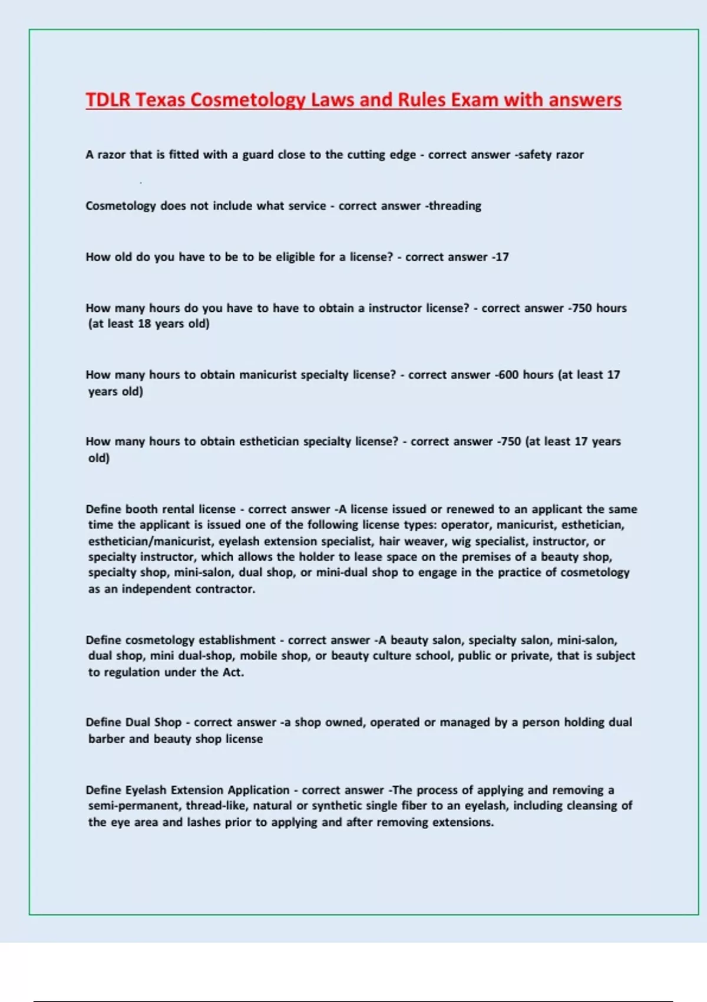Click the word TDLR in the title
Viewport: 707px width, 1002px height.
(x=108, y=100)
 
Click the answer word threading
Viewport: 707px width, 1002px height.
(x=454, y=206)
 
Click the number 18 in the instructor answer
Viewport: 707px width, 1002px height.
(x=144, y=324)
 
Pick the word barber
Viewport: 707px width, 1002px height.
(x=107, y=739)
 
